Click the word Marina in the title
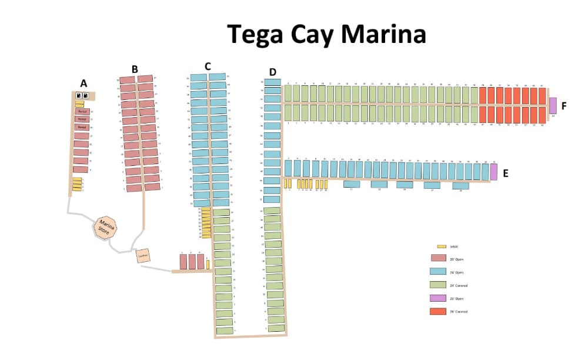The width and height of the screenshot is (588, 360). click(383, 34)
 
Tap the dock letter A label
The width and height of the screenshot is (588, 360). click(83, 84)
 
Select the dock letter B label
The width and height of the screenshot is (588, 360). click(135, 69)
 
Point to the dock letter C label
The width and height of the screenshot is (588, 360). click(208, 66)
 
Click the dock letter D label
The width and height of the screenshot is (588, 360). click(272, 72)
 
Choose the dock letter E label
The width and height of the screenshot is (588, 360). click(506, 174)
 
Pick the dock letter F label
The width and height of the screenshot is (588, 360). click(564, 106)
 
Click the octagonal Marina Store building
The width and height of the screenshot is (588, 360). click(106, 226)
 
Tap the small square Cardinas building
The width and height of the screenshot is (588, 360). click(143, 256)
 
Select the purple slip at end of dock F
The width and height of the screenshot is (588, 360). click(553, 105)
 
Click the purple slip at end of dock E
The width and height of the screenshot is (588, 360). click(494, 172)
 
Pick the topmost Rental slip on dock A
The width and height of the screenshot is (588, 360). click(82, 111)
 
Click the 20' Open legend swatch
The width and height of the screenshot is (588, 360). click(438, 258)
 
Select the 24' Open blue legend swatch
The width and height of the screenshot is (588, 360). click(438, 272)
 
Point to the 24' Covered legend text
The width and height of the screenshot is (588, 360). click(458, 285)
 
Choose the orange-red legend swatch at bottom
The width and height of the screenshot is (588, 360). click(438, 311)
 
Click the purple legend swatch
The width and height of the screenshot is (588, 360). click(438, 298)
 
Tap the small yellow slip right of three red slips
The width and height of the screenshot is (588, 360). click(208, 264)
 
